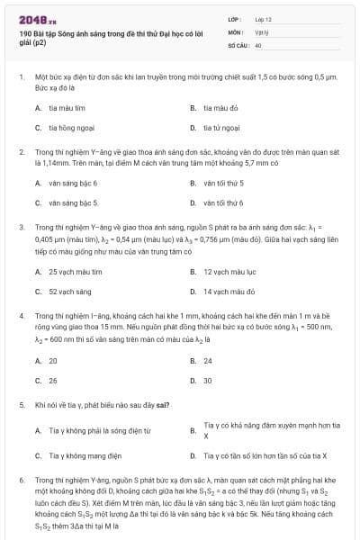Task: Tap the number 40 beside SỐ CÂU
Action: (x=258, y=44)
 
